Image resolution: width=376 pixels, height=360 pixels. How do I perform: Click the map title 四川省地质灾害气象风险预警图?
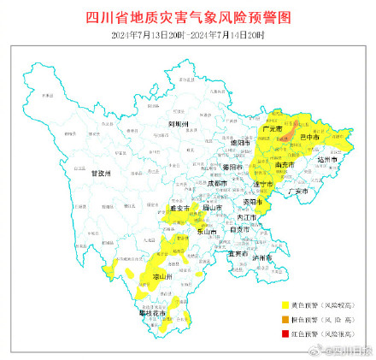point(189,18)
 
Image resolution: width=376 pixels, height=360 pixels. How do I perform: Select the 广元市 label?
point(275,129)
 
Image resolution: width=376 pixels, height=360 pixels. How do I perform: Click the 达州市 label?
point(328,160)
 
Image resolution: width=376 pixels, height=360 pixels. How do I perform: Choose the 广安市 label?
point(298,192)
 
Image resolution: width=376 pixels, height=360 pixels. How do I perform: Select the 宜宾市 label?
point(238,252)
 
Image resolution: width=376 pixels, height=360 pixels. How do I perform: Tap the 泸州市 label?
point(262,257)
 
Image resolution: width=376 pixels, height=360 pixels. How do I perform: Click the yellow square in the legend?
point(285,304)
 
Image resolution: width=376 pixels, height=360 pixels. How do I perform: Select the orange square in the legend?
point(285,319)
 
